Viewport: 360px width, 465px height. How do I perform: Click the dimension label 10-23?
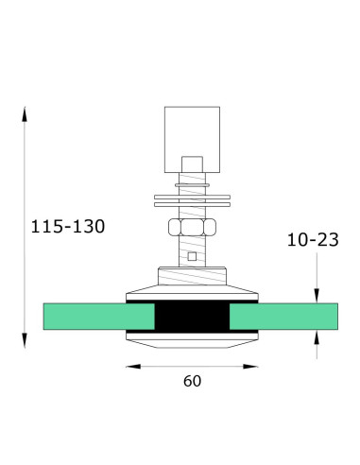point(312,240)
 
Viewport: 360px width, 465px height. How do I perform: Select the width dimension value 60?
point(193,381)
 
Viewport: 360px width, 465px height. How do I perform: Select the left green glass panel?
point(85,318)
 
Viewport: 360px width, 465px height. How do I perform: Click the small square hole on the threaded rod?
point(192,255)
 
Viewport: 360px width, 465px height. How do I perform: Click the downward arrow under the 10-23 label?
point(317,294)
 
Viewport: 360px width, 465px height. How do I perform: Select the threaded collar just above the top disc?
point(191,275)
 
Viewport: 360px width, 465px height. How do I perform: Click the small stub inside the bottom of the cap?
point(191,162)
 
